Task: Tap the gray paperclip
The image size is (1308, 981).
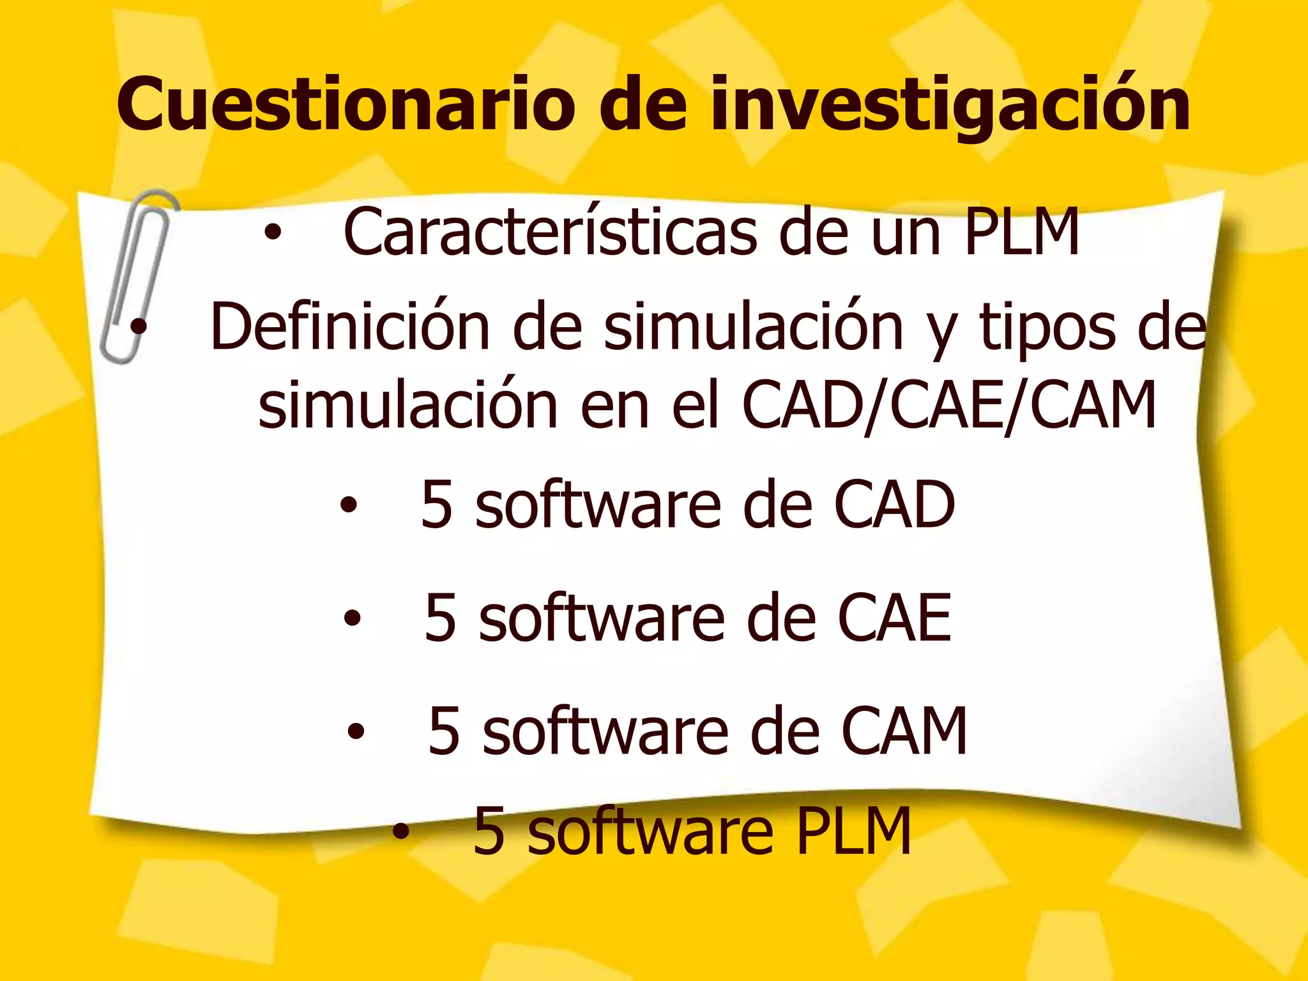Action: tap(137, 275)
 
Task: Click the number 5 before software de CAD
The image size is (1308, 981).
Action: tap(438, 505)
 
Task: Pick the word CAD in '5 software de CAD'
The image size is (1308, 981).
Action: tap(894, 505)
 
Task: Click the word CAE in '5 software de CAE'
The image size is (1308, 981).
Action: tap(894, 617)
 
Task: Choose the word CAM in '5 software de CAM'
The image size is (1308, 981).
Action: tap(904, 731)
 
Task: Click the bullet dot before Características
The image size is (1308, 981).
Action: tap(273, 234)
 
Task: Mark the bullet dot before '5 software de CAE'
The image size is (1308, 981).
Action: tap(352, 618)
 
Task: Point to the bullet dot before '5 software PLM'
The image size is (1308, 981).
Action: tap(400, 832)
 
